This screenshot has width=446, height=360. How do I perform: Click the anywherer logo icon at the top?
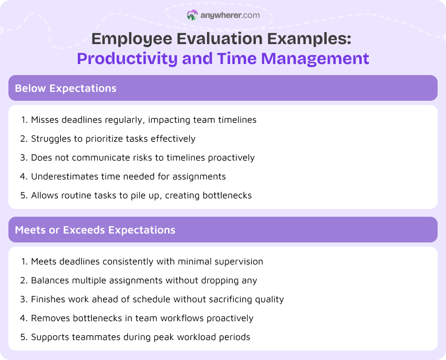[x=192, y=15]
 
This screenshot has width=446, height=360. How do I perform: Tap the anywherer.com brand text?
[x=230, y=15]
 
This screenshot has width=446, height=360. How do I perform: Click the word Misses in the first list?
[x=45, y=120]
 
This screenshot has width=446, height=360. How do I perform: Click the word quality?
[x=268, y=299]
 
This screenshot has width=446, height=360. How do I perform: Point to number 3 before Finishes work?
[x=24, y=299]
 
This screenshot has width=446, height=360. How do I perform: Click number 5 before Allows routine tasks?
[x=24, y=195]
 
